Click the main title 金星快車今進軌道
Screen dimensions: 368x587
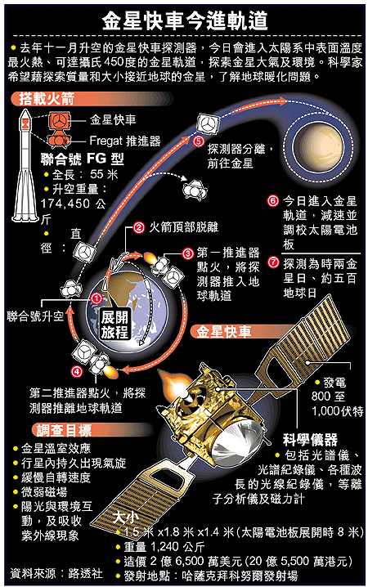[185, 20]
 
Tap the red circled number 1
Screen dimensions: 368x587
[96, 298]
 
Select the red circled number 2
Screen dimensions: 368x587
[139, 227]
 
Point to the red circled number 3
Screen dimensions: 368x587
[188, 253]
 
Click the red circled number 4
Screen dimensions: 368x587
[77, 372]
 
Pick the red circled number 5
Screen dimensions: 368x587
[198, 141]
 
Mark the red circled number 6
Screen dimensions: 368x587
[273, 201]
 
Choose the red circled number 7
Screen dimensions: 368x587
[273, 262]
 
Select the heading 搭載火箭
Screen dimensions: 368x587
[47, 99]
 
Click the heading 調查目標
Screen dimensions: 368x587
[64, 431]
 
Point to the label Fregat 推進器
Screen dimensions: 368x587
[125, 141]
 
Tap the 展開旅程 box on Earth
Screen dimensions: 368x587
[114, 325]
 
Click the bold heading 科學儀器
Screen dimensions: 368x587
[311, 440]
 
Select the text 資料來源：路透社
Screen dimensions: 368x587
[56, 573]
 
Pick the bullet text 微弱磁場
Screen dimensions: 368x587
[44, 492]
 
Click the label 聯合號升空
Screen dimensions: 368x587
[35, 316]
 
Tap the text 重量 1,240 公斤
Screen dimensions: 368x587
[164, 547]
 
